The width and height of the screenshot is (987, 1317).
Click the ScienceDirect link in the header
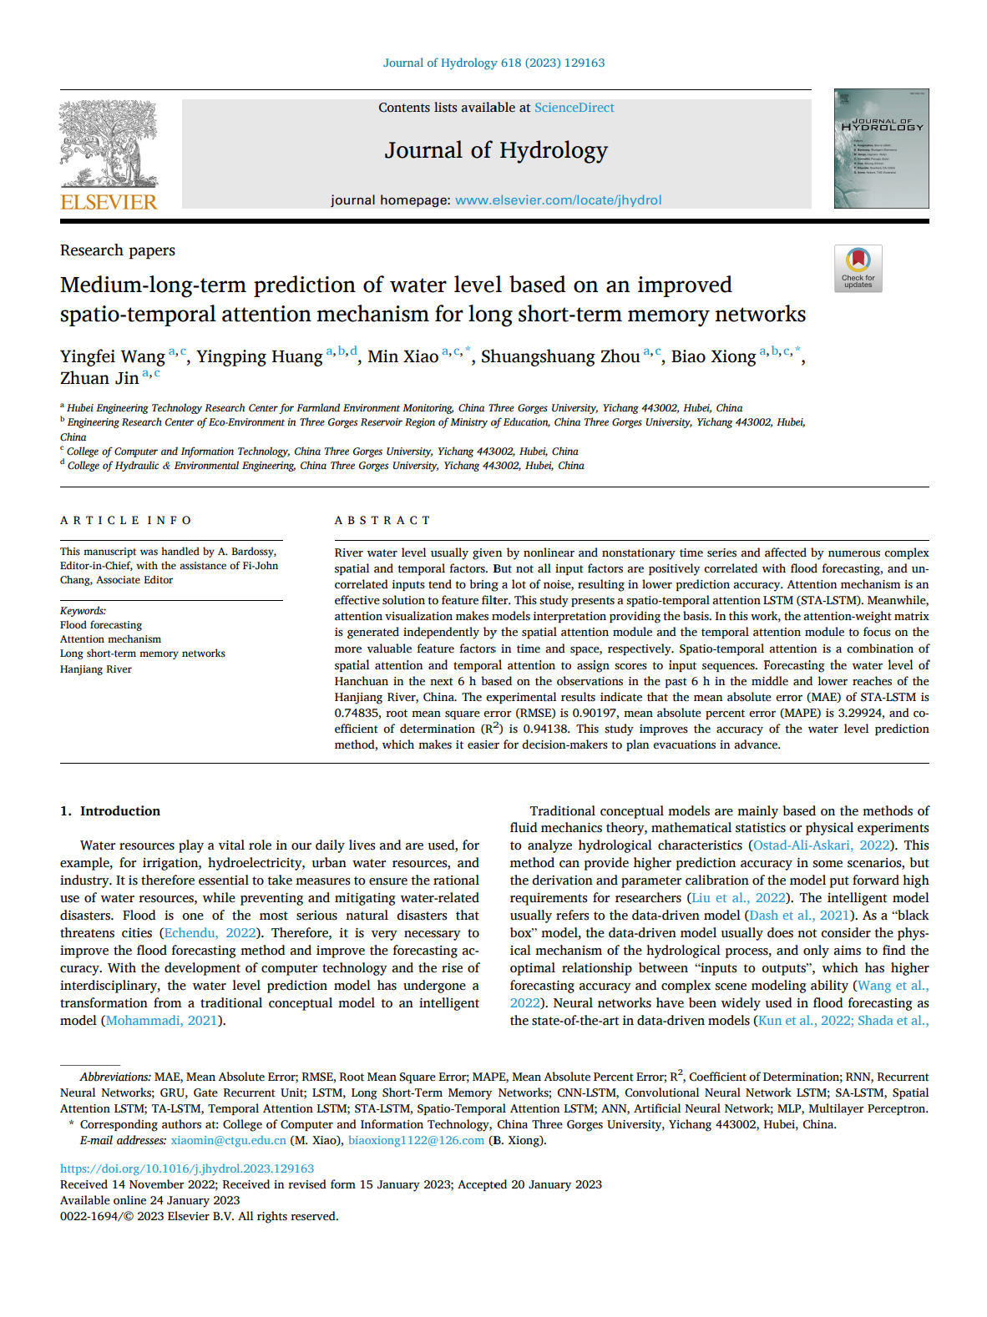coord(574,108)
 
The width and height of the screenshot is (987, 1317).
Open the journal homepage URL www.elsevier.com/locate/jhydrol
coord(558,200)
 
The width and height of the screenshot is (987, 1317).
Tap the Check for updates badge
coord(858,268)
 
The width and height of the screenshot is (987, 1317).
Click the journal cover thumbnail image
coord(881,149)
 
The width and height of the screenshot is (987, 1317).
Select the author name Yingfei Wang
coord(113,356)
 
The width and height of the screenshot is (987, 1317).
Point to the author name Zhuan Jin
coord(99,378)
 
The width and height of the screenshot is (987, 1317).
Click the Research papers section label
coord(118,250)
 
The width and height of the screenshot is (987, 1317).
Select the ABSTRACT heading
coord(382,521)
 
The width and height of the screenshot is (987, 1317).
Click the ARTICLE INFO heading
coord(126,521)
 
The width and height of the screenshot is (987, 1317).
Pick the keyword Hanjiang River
coord(96,669)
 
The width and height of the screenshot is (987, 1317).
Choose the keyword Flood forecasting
coord(101,625)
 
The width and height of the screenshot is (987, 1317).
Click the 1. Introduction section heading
coord(110,811)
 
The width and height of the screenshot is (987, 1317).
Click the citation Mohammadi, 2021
coord(161,1021)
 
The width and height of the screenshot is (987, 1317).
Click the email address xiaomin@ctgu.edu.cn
coord(229,1141)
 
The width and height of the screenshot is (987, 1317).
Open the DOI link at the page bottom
coord(187,1169)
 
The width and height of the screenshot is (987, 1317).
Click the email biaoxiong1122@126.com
coord(416,1141)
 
